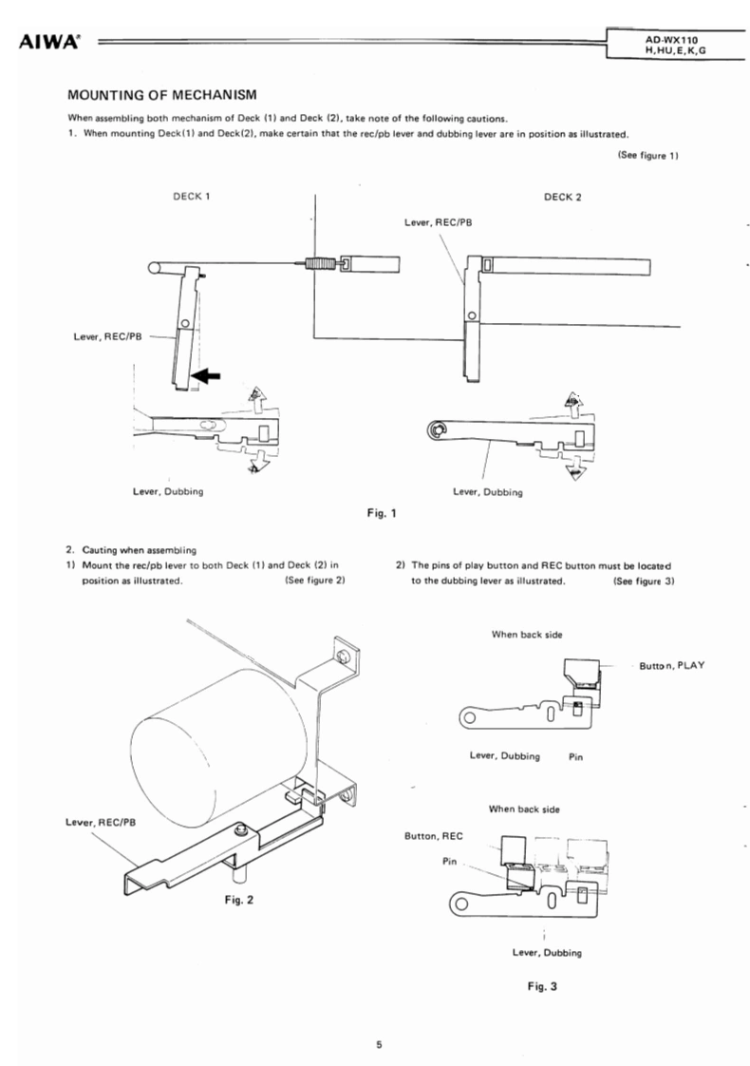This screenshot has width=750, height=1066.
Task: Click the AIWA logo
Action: pos(49,42)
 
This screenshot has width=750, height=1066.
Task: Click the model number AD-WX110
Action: pos(671,40)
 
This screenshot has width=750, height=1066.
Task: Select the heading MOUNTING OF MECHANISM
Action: pos(162,95)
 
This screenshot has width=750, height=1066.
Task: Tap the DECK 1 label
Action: pos(192,197)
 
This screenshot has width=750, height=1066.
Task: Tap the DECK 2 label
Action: pos(562,198)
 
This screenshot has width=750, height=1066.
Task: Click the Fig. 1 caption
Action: pos(381,513)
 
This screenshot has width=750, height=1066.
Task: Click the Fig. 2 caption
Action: pos(239,900)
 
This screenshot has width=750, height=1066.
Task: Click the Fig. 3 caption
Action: pos(542,986)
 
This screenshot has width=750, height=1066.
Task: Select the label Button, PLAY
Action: pos(672,666)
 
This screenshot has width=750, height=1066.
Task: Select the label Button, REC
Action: pos(434,836)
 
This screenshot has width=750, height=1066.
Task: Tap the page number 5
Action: pos(379,1044)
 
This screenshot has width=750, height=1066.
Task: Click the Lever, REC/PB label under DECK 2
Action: pos(439,222)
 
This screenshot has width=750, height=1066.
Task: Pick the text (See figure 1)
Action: pos(648,155)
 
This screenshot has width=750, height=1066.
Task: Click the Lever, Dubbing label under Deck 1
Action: pos(168,491)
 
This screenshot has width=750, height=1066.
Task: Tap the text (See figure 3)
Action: pos(644,581)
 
